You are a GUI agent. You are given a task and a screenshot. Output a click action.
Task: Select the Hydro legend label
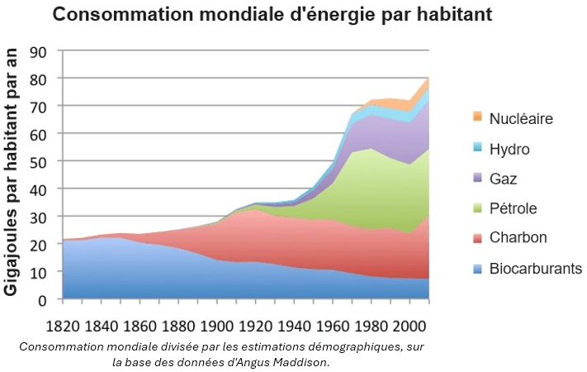(509, 149)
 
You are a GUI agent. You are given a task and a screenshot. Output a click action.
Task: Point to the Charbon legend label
(517, 238)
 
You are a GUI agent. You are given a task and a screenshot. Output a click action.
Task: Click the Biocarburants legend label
(536, 268)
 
